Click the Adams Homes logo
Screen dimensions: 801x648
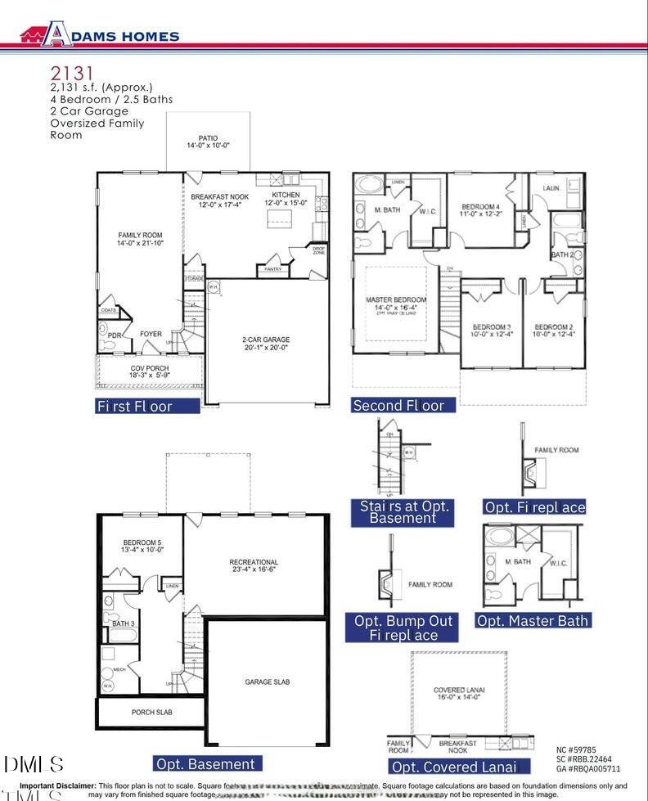tap(100, 34)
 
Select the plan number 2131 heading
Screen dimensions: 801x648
tap(68, 74)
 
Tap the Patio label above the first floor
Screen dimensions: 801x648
tap(208, 142)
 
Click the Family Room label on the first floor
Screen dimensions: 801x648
tap(140, 239)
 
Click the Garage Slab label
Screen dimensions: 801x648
tap(267, 682)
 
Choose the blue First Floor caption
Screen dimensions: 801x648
tap(147, 405)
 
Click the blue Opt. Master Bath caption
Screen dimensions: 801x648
tap(532, 620)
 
